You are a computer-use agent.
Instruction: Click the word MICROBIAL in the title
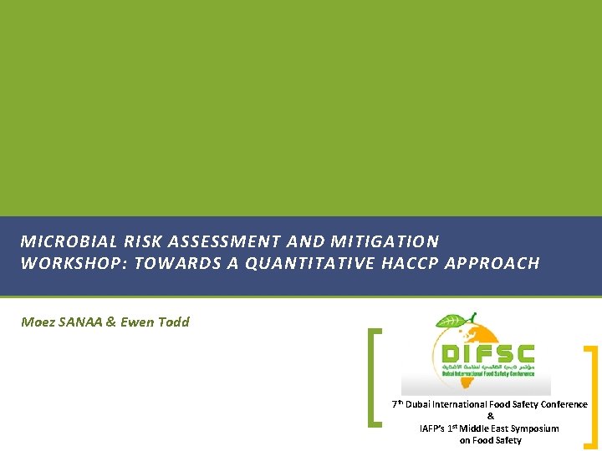click(59, 242)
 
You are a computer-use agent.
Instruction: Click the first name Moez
click(37, 322)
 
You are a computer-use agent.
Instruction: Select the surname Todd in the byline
click(174, 322)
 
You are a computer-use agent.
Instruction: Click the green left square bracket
click(375, 378)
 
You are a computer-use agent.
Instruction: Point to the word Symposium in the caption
click(533, 428)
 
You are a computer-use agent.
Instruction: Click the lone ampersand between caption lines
click(490, 417)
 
